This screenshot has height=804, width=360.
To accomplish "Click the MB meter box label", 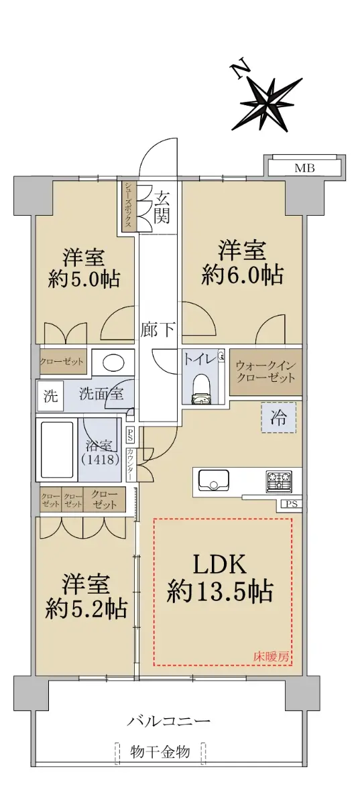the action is click(x=304, y=168).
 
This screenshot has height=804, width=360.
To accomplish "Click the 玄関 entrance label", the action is click(x=162, y=208).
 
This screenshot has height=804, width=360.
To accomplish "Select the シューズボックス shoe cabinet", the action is click(x=129, y=207).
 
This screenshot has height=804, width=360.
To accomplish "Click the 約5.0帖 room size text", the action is click(x=84, y=279).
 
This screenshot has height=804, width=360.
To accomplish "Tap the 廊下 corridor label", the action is click(x=158, y=330).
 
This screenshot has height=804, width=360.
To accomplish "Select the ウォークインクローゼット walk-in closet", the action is click(x=265, y=373).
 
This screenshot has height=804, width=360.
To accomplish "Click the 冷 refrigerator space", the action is click(x=278, y=418).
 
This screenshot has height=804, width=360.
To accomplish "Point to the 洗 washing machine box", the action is click(x=50, y=397).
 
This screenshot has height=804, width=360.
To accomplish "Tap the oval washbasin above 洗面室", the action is click(x=113, y=363).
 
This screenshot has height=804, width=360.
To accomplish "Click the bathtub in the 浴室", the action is click(x=57, y=450).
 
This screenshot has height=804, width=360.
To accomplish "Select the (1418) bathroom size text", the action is click(x=101, y=460).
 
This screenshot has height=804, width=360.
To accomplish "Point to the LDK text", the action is click(x=220, y=565).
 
